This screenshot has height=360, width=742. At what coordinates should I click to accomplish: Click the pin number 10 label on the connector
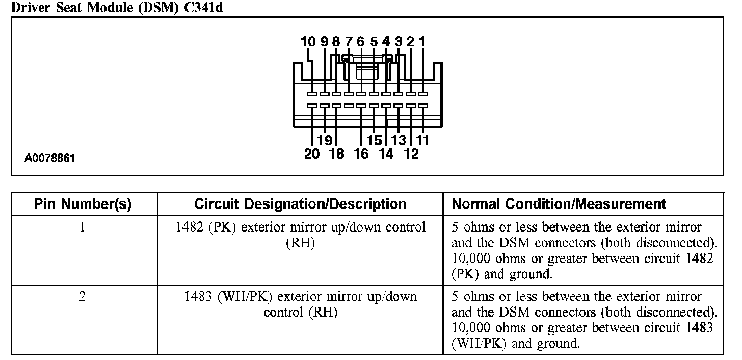pyautogui.click(x=308, y=42)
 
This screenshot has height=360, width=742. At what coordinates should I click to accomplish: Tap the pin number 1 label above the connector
pyautogui.click(x=422, y=42)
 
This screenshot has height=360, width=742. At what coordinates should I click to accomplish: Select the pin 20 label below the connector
pyautogui.click(x=311, y=153)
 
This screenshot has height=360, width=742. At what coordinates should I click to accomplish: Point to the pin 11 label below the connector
pyautogui.click(x=422, y=140)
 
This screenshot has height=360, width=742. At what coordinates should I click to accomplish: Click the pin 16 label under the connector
pyautogui.click(x=361, y=153)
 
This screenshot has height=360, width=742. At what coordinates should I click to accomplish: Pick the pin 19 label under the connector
pyautogui.click(x=324, y=140)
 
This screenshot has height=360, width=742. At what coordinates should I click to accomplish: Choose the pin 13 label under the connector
pyautogui.click(x=399, y=140)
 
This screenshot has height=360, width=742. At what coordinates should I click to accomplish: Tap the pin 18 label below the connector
pyautogui.click(x=336, y=153)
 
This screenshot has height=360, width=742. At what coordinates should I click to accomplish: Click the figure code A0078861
pyautogui.click(x=49, y=158)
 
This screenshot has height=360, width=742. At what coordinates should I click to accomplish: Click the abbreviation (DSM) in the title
pyautogui.click(x=155, y=8)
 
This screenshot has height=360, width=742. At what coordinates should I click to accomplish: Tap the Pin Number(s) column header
pyautogui.click(x=83, y=204)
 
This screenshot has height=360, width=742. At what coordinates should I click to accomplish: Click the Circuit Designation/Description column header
pyautogui.click(x=300, y=204)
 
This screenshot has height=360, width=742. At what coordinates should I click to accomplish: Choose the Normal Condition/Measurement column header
pyautogui.click(x=559, y=204)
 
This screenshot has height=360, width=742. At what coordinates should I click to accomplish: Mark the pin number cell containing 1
pyautogui.click(x=83, y=227)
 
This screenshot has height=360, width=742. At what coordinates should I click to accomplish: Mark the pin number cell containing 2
pyautogui.click(x=83, y=296)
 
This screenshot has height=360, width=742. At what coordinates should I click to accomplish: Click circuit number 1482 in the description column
pyautogui.click(x=190, y=227)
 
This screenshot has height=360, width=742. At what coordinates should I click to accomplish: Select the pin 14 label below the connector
pyautogui.click(x=386, y=153)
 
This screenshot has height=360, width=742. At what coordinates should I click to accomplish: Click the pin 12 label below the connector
pyautogui.click(x=411, y=153)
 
